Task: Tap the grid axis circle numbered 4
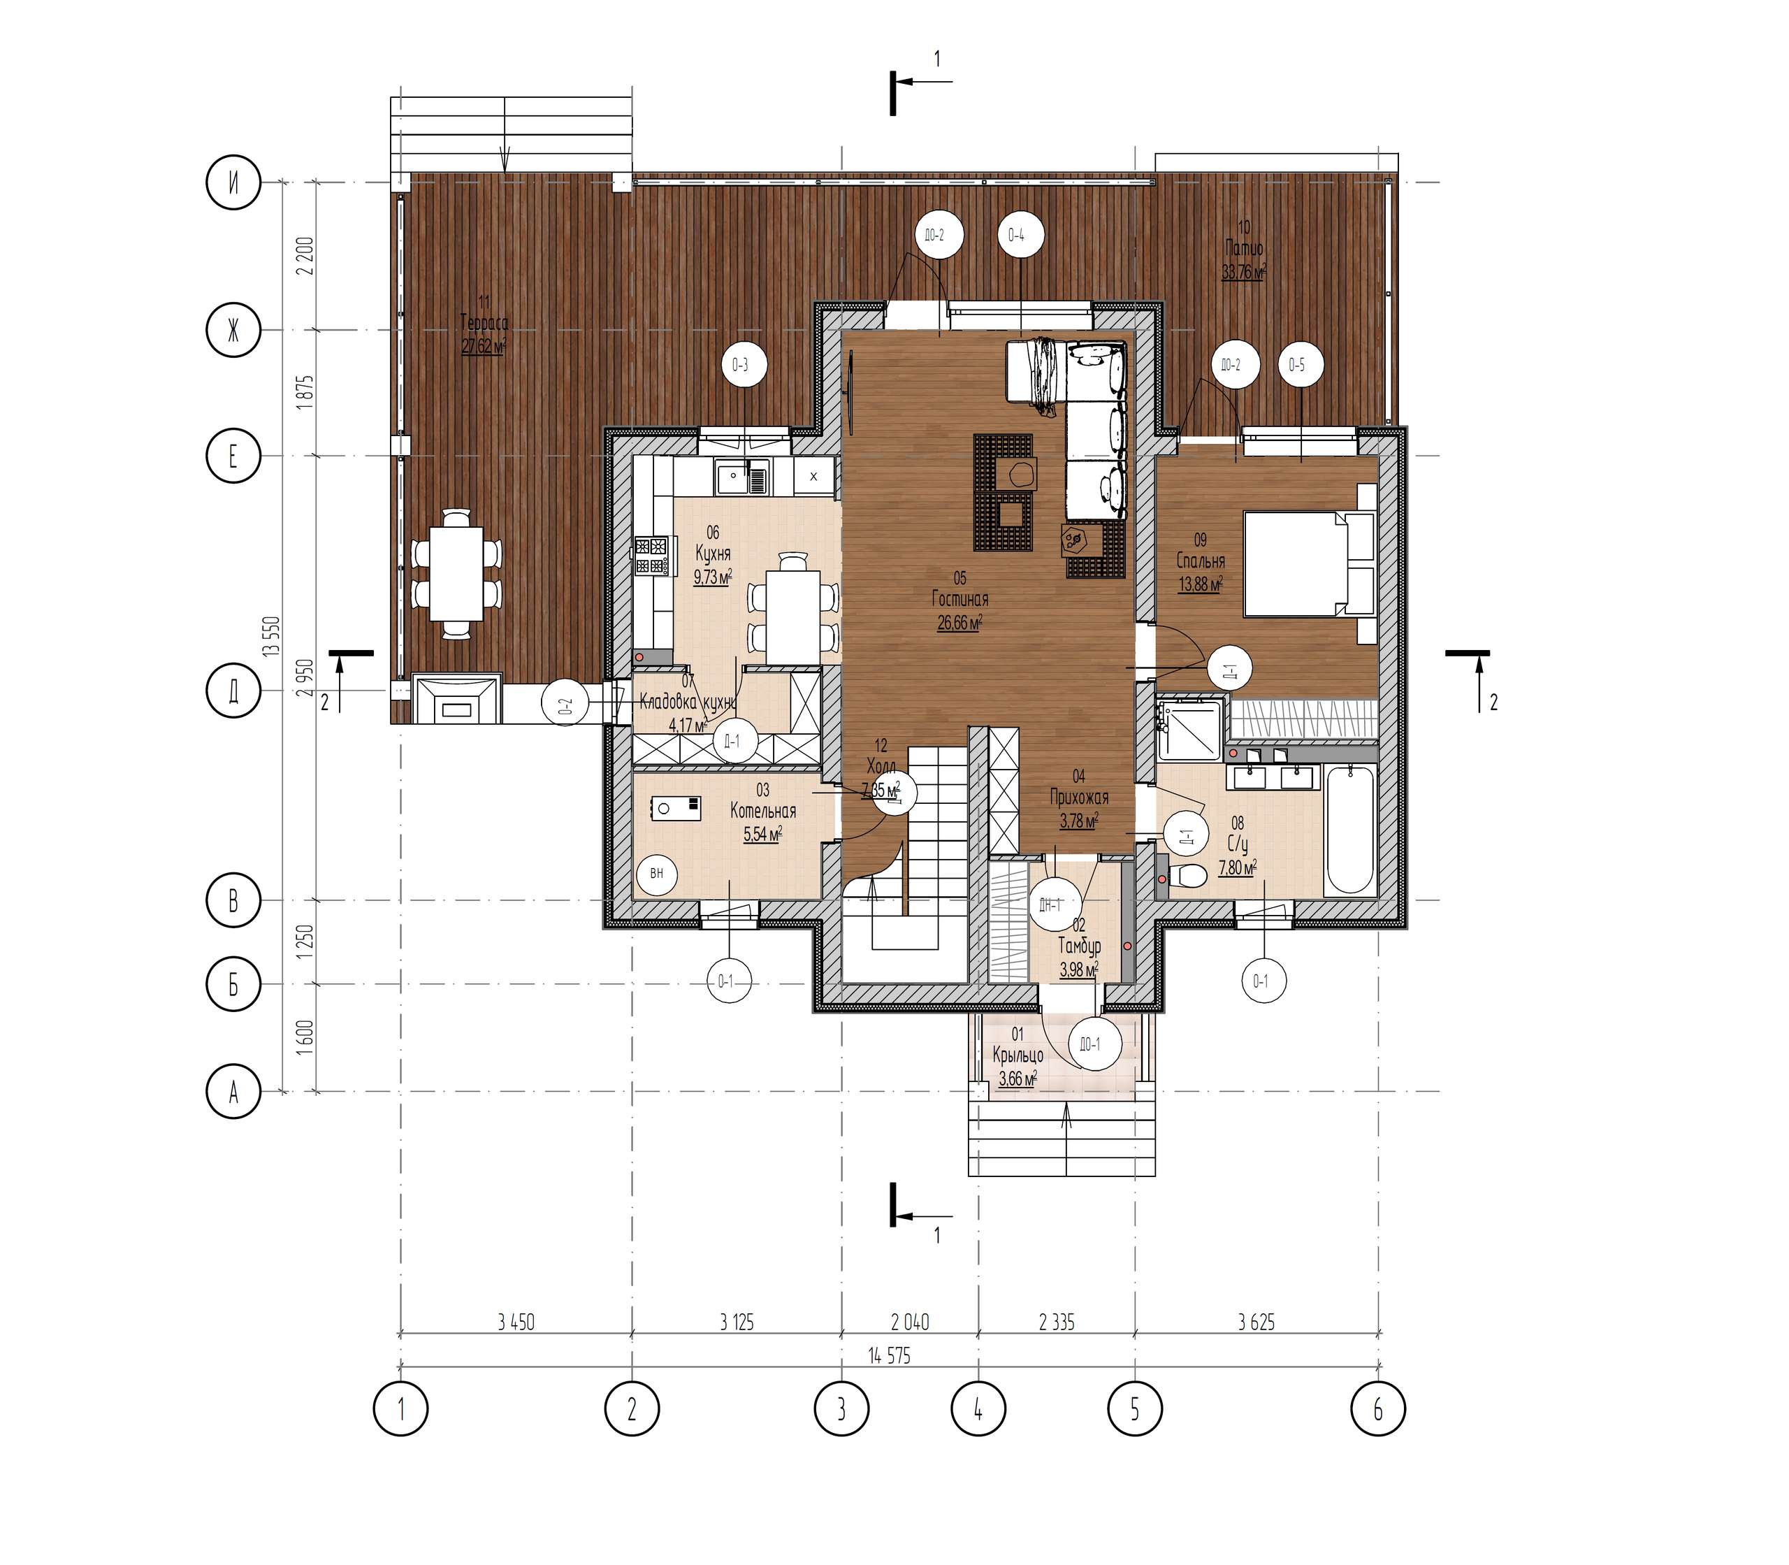978,1408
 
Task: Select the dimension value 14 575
889,1355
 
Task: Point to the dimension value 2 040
910,1322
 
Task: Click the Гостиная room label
959,599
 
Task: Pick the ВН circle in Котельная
657,873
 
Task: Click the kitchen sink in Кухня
742,476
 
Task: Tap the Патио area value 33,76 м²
1243,272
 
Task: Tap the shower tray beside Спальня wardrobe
1189,729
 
